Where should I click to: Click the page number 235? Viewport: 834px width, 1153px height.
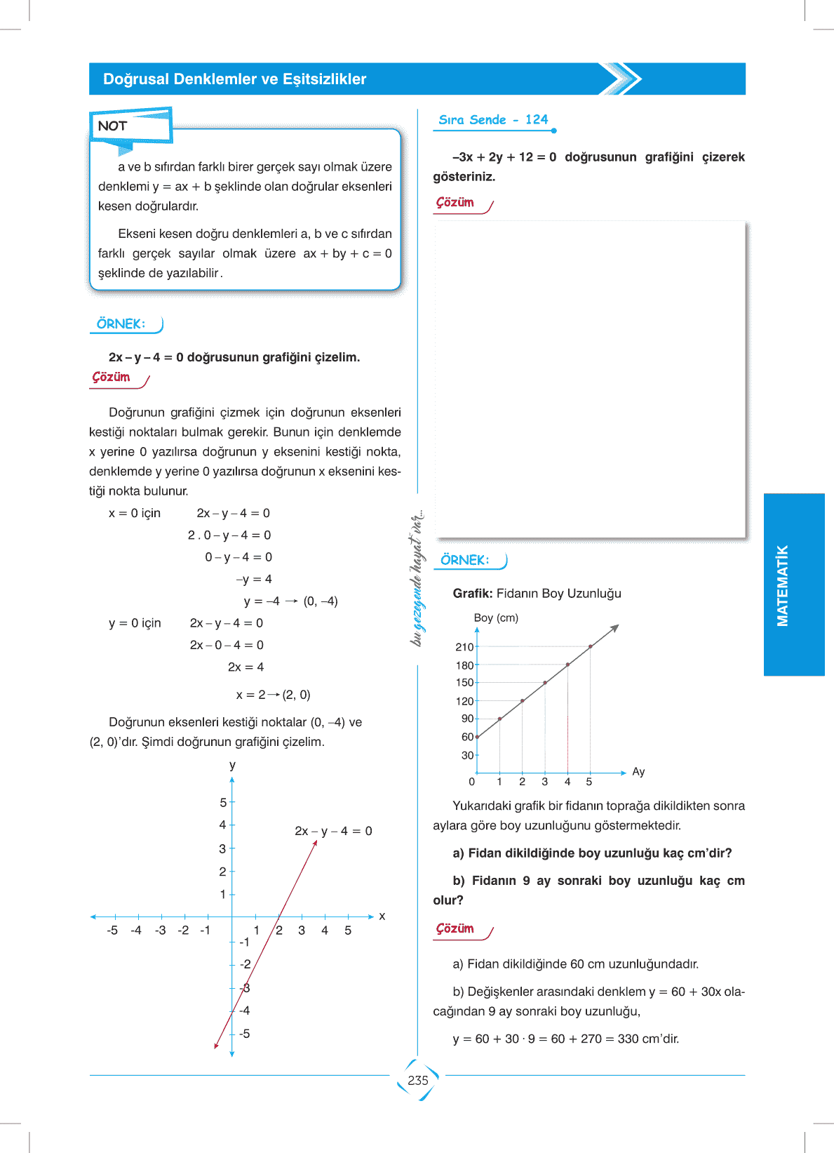pyautogui.click(x=417, y=1081)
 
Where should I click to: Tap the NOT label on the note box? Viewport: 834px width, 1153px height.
pyautogui.click(x=112, y=126)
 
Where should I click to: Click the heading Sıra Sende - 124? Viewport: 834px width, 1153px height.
pyautogui.click(x=493, y=120)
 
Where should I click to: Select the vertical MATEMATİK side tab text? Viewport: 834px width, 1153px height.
pyautogui.click(x=783, y=585)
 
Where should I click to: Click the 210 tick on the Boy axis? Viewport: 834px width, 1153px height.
pyautogui.click(x=465, y=647)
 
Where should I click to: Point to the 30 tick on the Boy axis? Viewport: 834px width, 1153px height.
pyautogui.click(x=468, y=756)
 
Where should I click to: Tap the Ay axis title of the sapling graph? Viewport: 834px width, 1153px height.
pyautogui.click(x=638, y=772)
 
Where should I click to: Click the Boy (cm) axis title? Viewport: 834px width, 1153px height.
pyautogui.click(x=496, y=618)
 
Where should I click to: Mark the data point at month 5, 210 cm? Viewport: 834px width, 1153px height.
pyautogui.click(x=591, y=646)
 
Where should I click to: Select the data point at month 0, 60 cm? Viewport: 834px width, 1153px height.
pyautogui.click(x=477, y=737)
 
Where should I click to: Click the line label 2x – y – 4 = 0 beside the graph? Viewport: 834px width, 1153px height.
pyautogui.click(x=333, y=831)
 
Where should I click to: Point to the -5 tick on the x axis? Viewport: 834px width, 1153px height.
pyautogui.click(x=112, y=931)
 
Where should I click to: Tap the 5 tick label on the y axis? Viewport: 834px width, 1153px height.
pyautogui.click(x=223, y=803)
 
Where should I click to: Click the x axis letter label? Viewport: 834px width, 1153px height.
pyautogui.click(x=382, y=917)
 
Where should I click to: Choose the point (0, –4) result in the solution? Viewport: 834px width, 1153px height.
pyautogui.click(x=321, y=601)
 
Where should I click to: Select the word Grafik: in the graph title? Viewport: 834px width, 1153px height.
pyautogui.click(x=473, y=594)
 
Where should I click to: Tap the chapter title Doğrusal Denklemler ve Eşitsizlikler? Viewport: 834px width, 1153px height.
pyautogui.click(x=234, y=79)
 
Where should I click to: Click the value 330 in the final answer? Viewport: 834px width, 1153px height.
pyautogui.click(x=628, y=1039)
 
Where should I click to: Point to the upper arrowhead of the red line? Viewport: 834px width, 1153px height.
pyautogui.click(x=316, y=842)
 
